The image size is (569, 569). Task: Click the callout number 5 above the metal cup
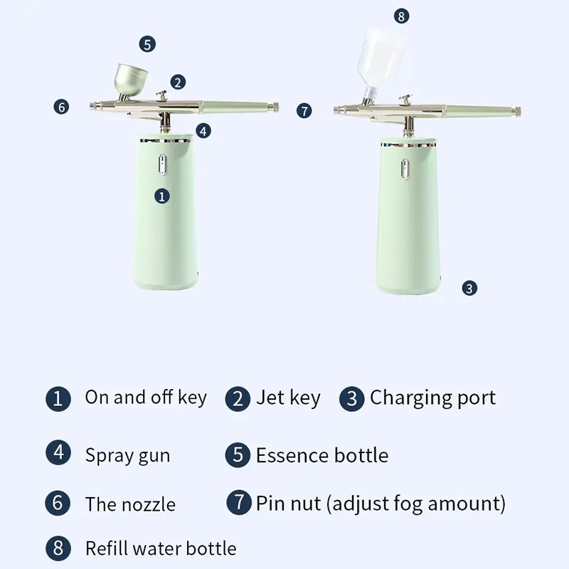pos(147,44)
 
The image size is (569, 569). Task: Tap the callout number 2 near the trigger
pos(178,83)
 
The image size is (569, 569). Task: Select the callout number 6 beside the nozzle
pos(61,107)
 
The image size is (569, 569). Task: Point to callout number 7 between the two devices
pos(304,111)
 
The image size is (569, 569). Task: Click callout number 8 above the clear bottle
pos(401,16)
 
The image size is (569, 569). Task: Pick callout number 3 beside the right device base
pos(469,288)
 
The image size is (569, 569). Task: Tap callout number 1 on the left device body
pos(162,196)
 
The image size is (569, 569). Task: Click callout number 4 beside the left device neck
pos(203,131)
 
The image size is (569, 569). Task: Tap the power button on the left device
pos(163,164)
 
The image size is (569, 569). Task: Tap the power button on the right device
pos(405,169)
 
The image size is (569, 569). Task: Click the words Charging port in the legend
pos(432,398)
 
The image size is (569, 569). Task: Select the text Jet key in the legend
pos(289,398)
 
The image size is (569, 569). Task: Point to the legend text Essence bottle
pos(322,455)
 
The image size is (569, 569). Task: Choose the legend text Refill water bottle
pos(161,548)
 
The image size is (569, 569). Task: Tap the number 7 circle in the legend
pos(239,502)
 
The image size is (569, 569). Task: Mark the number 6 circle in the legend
pos(58,504)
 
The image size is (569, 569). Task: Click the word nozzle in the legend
pos(149,505)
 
